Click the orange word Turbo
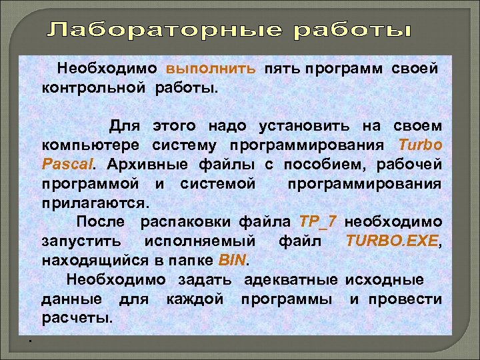click(419, 145)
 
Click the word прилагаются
click(96, 202)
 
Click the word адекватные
click(290, 279)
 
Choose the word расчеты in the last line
click(77, 317)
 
